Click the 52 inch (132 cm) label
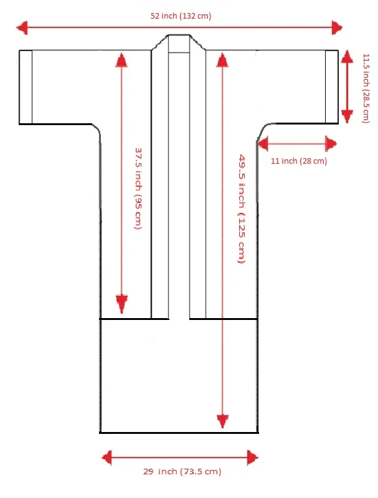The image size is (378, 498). tap(181, 16)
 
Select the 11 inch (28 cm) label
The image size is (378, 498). tap(299, 161)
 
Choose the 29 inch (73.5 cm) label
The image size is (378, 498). tap(181, 471)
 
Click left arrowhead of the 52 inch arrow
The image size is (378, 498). tap(22, 27)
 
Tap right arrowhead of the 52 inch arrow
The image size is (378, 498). tap(337, 27)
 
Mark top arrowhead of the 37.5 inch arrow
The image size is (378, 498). tap(121, 60)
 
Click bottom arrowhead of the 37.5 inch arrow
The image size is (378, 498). tap(121, 305)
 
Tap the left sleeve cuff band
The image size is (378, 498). tap(26, 87)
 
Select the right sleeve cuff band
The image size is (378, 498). tap(331, 87)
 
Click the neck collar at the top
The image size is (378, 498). tap(179, 44)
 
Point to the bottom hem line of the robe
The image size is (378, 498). tap(179, 432)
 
